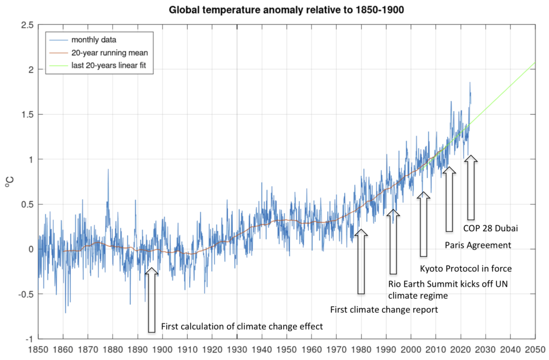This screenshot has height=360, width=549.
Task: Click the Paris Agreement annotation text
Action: [478, 245]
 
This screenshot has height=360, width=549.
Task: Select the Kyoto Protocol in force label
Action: [465, 269]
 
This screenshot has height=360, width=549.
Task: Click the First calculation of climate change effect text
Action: [243, 326]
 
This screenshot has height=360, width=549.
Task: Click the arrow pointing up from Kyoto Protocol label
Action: [424, 223]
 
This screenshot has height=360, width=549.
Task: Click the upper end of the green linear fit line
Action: [535, 63]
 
